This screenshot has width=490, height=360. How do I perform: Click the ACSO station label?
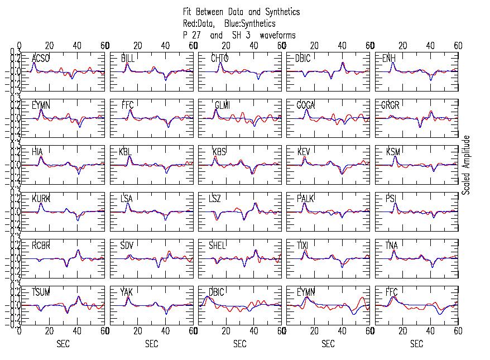(40, 59)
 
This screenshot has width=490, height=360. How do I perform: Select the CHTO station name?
(219, 59)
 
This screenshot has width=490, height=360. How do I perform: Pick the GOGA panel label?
(306, 105)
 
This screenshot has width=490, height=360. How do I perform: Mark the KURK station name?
(41, 199)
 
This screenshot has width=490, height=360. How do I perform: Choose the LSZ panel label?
(215, 199)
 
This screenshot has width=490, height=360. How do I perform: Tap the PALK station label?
(305, 199)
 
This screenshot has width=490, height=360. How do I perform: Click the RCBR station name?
(41, 246)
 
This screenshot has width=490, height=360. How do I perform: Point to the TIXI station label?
(303, 246)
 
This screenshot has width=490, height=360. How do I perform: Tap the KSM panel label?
(393, 152)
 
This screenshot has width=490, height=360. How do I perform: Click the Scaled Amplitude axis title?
(467, 165)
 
